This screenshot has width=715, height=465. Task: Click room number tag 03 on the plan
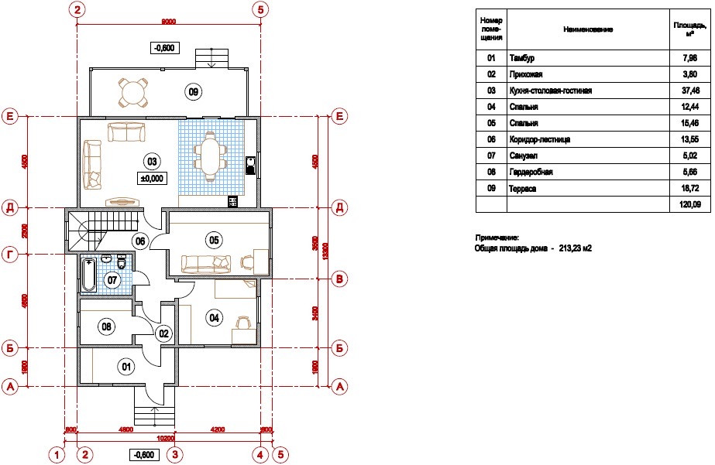[152, 161]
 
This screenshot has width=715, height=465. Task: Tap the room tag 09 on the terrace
[194, 92]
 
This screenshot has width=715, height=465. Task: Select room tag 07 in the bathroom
[113, 280]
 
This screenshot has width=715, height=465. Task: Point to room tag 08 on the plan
[107, 327]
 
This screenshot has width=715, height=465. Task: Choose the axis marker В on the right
[339, 280]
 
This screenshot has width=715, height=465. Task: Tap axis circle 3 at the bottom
[176, 454]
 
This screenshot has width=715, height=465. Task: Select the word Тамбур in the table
[522, 58]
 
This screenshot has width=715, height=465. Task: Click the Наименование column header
[589, 29]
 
